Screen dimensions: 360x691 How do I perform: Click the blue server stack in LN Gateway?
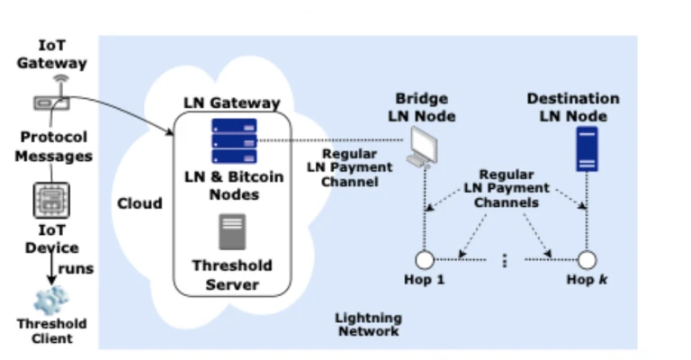pyautogui.click(x=233, y=137)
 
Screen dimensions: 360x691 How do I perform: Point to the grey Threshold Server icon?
pyautogui.click(x=232, y=232)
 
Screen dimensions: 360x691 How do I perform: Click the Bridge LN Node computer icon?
pyautogui.click(x=423, y=146)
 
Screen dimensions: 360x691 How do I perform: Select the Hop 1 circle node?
pyautogui.click(x=425, y=259)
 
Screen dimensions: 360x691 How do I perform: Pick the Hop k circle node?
pyautogui.click(x=586, y=259)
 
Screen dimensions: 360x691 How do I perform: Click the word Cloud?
pyautogui.click(x=139, y=203)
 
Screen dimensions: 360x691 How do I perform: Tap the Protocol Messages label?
pyautogui.click(x=52, y=148)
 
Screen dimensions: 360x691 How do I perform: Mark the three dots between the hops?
pyautogui.click(x=506, y=259)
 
